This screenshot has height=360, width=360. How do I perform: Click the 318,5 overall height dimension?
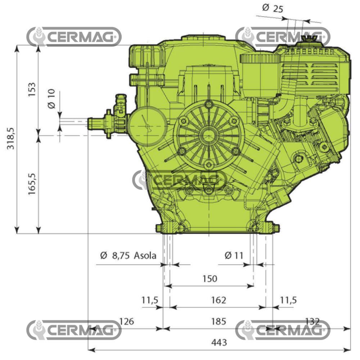[x=11, y=139]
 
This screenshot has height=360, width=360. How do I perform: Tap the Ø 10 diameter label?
[x=51, y=99]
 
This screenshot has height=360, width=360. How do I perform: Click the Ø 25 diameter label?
[x=273, y=8]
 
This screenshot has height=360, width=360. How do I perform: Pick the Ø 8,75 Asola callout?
[x=129, y=256]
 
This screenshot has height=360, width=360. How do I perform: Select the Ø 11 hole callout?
[x=234, y=256]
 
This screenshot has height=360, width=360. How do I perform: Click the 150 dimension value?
[x=210, y=278]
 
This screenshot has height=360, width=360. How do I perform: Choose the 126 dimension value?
[x=126, y=321]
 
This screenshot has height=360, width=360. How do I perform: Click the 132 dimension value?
[x=312, y=321]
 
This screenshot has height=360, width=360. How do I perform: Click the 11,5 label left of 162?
[x=150, y=300]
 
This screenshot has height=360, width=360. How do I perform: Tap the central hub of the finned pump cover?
[x=207, y=136]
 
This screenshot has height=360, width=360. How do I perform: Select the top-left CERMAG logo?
[x=74, y=36]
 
